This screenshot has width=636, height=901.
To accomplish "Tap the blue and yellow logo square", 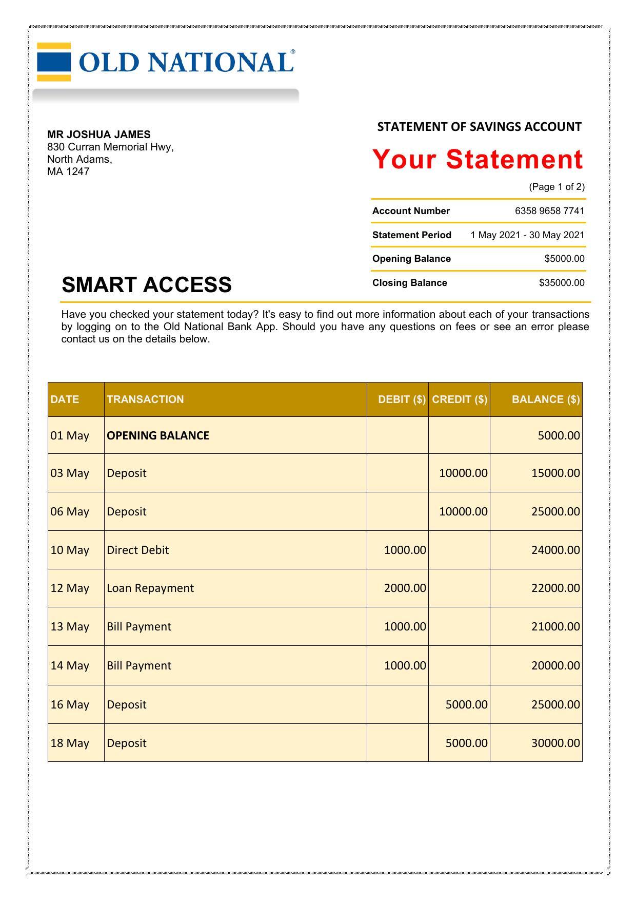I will click(54, 62).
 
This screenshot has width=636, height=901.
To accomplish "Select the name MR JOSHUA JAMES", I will click(99, 135).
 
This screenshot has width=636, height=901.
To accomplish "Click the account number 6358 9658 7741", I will click(549, 211).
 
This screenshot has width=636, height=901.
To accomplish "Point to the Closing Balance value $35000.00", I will click(562, 283).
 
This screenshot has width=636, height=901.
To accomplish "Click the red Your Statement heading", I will click(478, 159).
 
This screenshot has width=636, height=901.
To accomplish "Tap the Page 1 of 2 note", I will click(556, 187).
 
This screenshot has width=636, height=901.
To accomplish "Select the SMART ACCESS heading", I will click(147, 285).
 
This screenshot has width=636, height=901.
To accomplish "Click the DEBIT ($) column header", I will click(402, 399).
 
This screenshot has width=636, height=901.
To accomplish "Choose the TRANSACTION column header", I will click(145, 399).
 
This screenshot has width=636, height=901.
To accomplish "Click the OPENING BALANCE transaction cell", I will click(158, 435).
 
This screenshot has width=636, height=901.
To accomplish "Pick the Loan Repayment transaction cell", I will click(150, 588).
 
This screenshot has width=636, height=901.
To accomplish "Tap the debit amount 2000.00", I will click(405, 588).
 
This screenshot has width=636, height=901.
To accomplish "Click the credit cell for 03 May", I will click(463, 473).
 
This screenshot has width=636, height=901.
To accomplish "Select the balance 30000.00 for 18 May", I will click(555, 743).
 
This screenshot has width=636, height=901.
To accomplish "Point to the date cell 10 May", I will click(70, 550).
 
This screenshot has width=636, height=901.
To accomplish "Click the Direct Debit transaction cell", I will click(138, 550).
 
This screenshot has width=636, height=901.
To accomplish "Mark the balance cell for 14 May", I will click(555, 665).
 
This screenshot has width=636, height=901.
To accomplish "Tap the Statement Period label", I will click(412, 235).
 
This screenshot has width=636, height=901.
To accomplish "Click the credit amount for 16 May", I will click(466, 704).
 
